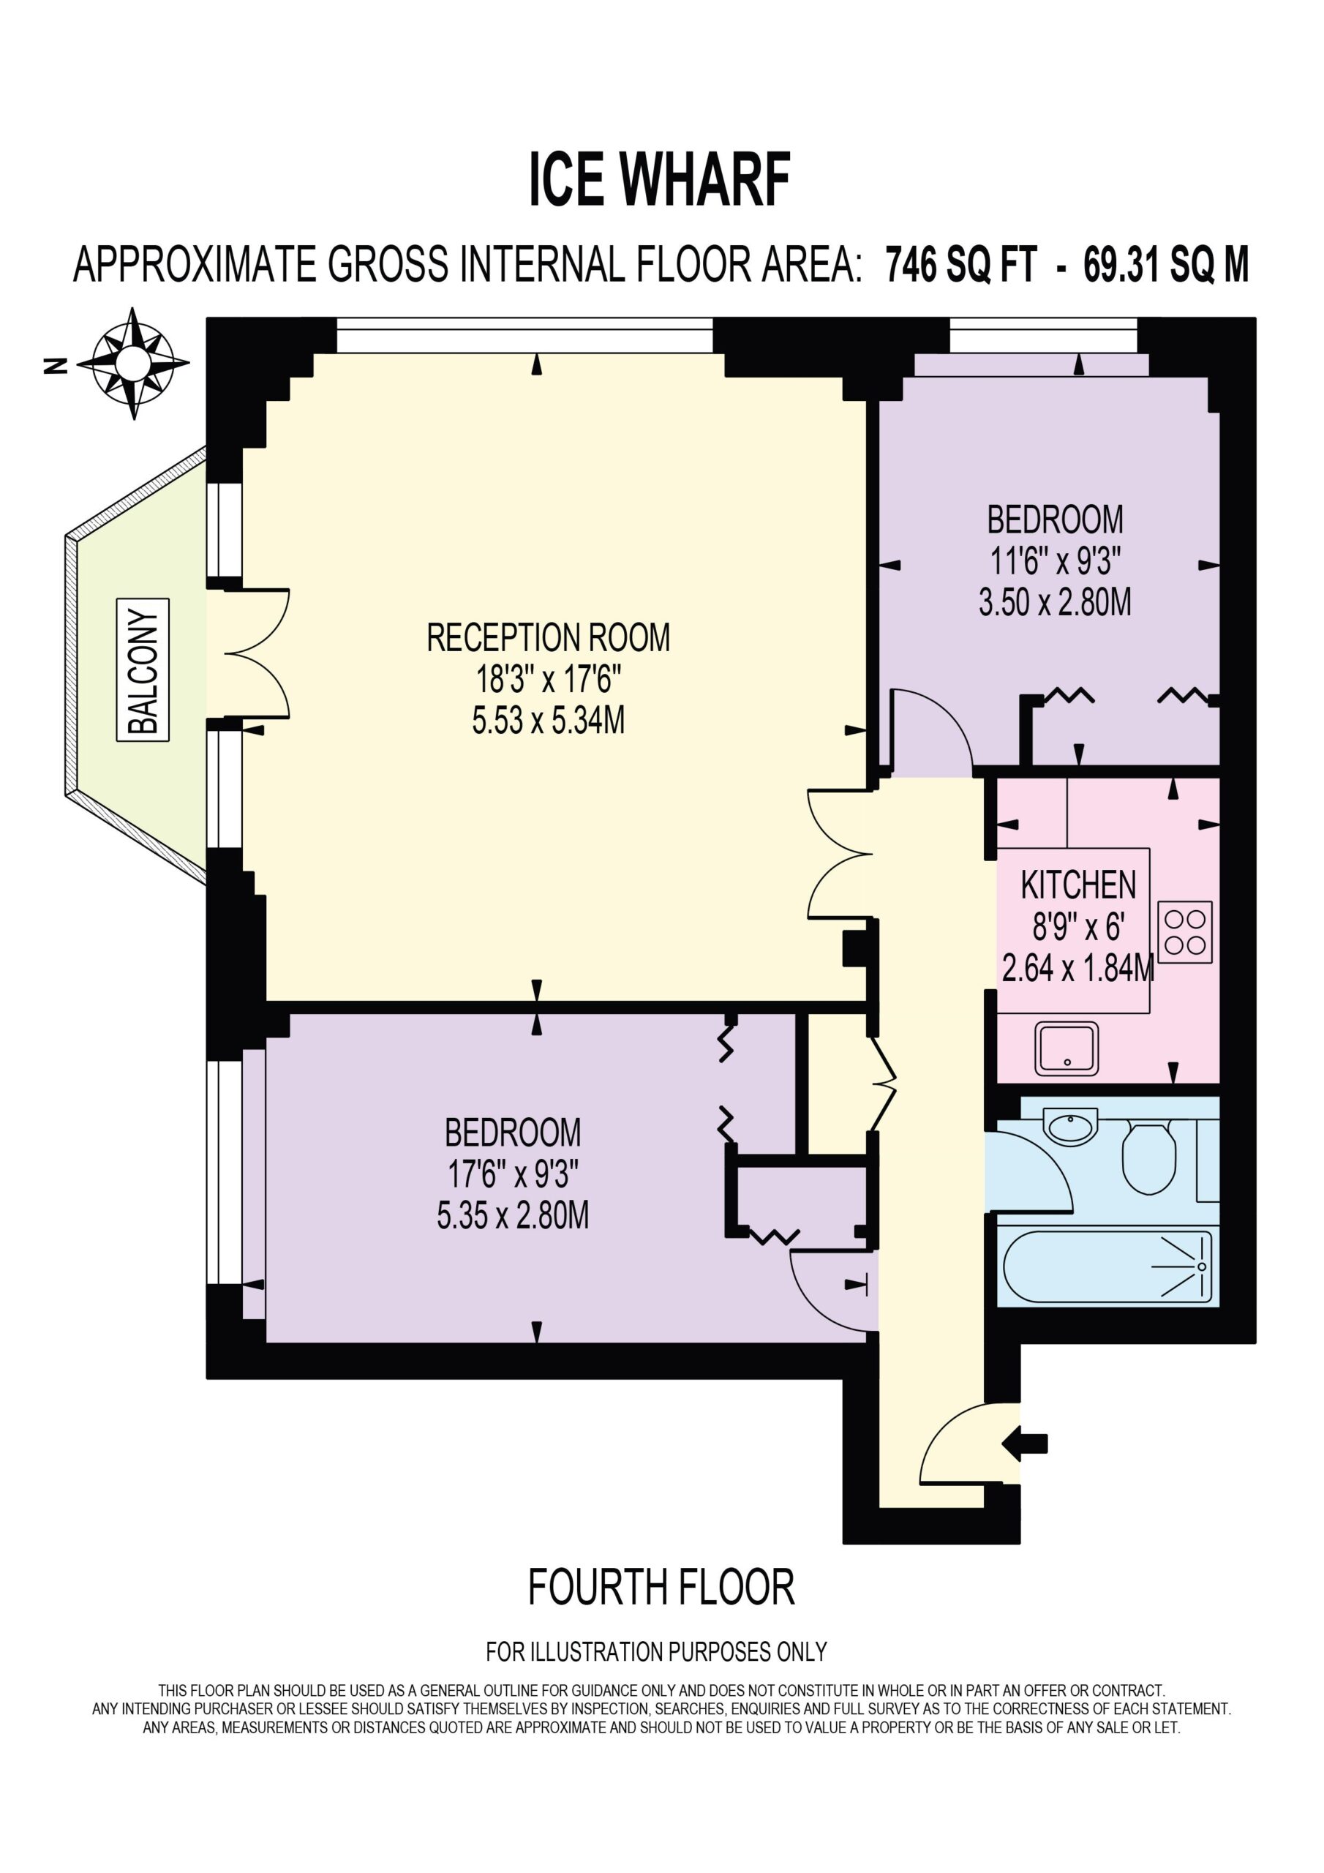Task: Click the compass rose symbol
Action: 134,364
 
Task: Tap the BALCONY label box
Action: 143,669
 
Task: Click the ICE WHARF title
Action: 660,179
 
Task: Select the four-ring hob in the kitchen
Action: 1184,931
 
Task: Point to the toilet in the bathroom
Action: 1148,1156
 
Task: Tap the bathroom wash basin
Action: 1071,1127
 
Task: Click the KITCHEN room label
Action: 1077,886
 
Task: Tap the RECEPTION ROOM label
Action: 548,638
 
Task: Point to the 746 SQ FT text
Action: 961,264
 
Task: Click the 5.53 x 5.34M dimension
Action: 548,721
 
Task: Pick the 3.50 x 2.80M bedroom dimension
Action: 1055,603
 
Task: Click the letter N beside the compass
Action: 56,366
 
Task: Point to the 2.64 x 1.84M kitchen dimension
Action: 1077,968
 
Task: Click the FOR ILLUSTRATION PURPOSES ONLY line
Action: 657,1652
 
